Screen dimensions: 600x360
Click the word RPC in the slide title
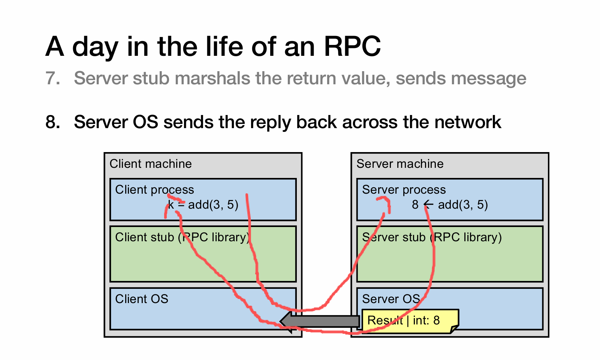coord(352,46)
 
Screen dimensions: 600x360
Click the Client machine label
coord(151,164)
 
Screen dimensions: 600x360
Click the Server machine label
coord(400,164)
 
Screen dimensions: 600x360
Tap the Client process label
coord(154,190)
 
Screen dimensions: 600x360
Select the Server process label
coord(404,190)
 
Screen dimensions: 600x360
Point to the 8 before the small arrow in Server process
coord(415,205)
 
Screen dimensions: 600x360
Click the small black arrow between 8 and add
coord(429,205)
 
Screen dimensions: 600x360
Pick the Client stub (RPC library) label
coord(183,238)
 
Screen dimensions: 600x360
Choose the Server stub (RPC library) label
coord(432,238)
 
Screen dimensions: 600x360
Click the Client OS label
coord(142,299)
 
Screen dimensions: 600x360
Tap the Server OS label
coord(391,299)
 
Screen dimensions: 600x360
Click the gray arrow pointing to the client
coord(319,321)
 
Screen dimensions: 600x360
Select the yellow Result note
coord(410,321)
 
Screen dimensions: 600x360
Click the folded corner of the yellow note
coord(454,329)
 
